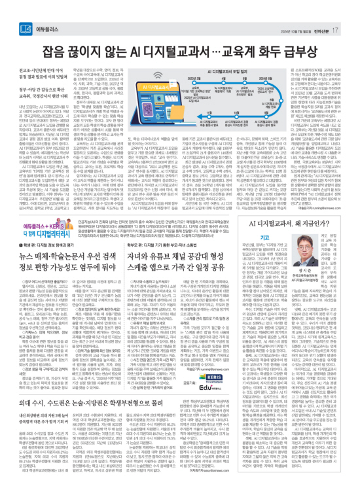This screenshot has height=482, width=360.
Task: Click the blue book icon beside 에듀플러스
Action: (26, 11)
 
